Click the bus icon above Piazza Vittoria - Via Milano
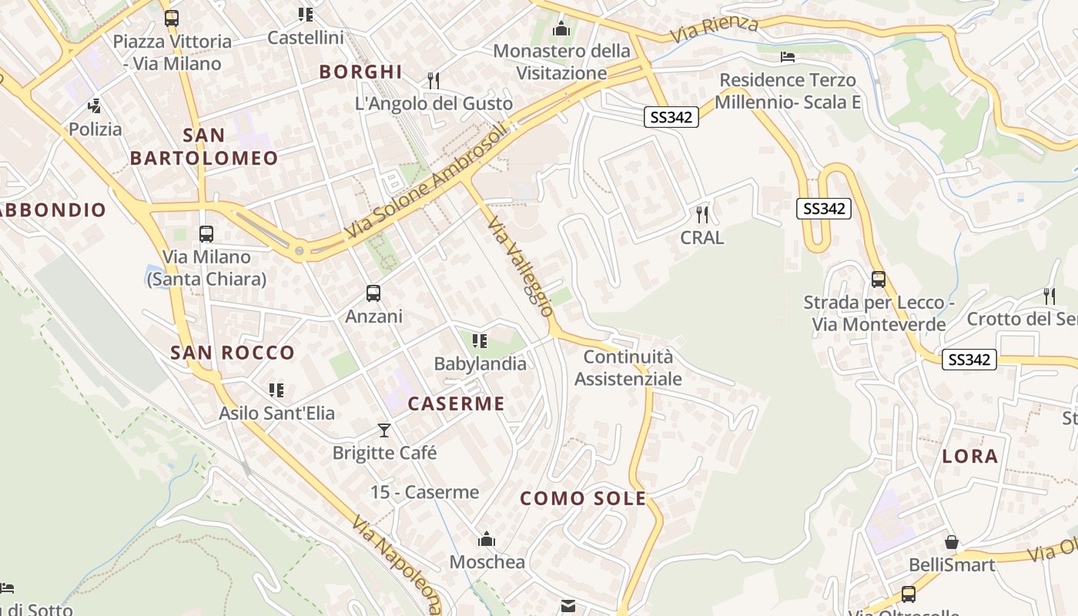click(172, 18)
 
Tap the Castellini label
click(306, 37)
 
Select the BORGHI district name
click(361, 72)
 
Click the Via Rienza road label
click(714, 29)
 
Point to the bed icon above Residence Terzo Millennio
click(787, 57)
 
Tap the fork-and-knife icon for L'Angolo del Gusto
click(434, 80)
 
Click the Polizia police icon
click(95, 106)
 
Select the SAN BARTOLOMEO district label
click(204, 146)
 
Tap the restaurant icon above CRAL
click(701, 214)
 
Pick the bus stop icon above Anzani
click(373, 293)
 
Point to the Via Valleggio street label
click(521, 266)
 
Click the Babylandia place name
click(480, 363)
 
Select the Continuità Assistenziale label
click(628, 367)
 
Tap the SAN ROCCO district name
click(233, 353)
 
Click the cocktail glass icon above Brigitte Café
click(384, 430)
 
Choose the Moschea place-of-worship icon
click(487, 539)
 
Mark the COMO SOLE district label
click(583, 498)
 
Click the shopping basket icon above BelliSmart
click(952, 542)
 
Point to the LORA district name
click(970, 456)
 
